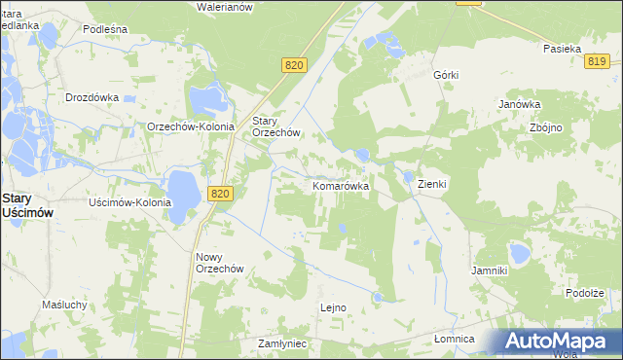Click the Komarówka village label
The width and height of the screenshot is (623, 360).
point(340,185)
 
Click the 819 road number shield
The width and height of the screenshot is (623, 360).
point(598,61)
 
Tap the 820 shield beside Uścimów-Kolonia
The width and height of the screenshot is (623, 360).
point(221,195)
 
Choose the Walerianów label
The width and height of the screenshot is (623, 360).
point(225,7)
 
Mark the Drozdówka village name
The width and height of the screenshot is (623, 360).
point(92,97)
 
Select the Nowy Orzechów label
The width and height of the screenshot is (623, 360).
point(218,263)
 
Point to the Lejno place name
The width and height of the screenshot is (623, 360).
point(333,307)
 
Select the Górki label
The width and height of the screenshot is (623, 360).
point(446,75)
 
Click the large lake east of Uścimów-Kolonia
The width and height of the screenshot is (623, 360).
point(182,189)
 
